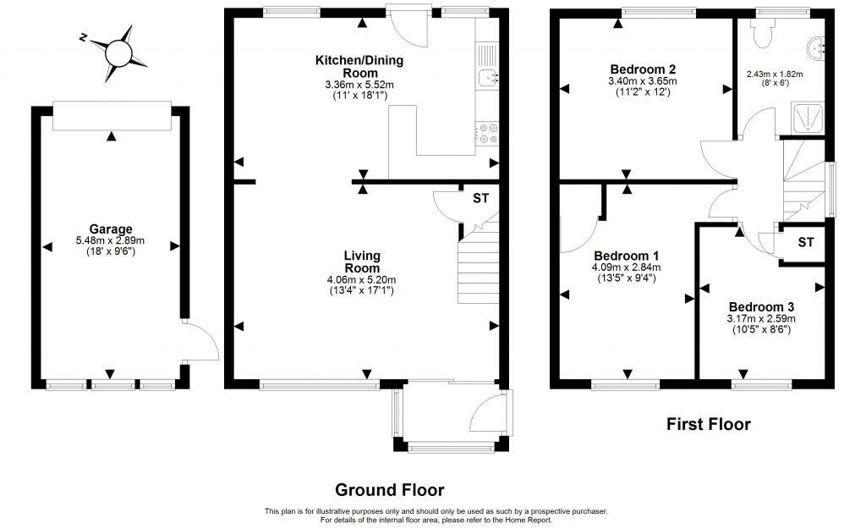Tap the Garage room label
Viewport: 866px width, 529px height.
coord(111,229)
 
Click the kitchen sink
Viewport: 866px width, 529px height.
coord(488,79)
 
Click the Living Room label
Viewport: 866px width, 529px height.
coord(361,262)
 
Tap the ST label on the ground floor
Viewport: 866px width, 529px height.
coord(480,199)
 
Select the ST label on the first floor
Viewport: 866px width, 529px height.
coord(806,243)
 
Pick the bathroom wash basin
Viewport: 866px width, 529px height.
coord(817,47)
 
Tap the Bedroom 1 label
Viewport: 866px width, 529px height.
coord(627,256)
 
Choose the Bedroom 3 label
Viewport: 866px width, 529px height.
coord(761,306)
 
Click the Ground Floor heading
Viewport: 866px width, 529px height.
coord(389,489)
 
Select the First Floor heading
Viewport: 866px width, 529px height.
coord(708,424)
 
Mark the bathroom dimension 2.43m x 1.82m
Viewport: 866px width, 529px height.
coord(774,74)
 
